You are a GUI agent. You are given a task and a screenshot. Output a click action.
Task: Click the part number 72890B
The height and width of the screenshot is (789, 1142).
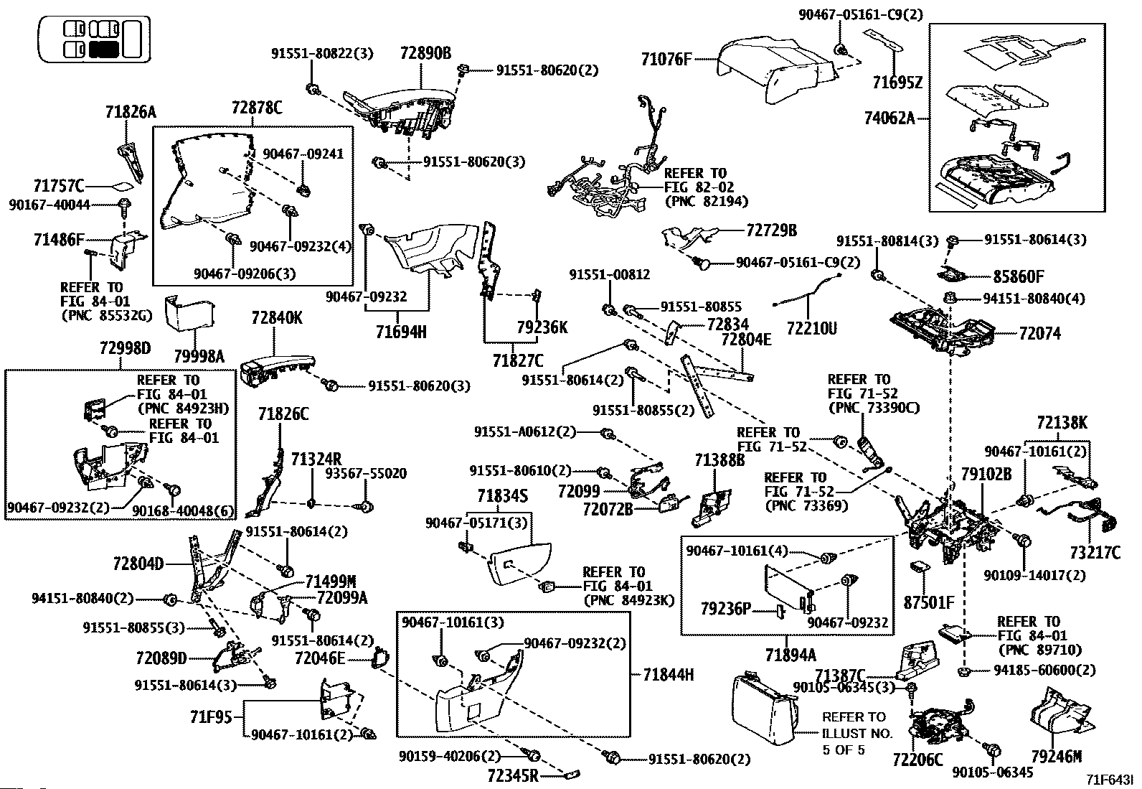(425, 53)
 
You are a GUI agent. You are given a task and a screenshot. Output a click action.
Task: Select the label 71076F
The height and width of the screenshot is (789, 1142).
(666, 60)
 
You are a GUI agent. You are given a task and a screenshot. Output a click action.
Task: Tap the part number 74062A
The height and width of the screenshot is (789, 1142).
(889, 118)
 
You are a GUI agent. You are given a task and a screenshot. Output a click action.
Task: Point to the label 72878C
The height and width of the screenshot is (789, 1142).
(257, 108)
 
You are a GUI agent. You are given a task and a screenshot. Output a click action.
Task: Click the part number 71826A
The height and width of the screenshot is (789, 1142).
(130, 112)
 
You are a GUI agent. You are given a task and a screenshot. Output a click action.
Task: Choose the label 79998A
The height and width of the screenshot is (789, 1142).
(199, 356)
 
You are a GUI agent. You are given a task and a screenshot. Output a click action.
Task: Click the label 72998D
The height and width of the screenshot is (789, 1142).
(125, 349)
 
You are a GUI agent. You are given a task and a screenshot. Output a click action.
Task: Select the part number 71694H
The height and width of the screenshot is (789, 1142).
(401, 332)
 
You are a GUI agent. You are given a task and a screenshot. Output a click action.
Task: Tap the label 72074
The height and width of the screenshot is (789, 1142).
(1039, 334)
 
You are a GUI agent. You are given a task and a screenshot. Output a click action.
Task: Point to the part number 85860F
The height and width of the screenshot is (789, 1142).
(1019, 276)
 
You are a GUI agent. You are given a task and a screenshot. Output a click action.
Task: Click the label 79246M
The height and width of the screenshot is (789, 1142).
(1056, 757)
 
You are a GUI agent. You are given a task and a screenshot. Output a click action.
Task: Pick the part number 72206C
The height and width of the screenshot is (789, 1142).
(917, 759)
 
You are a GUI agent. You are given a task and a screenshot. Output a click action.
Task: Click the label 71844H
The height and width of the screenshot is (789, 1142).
(669, 675)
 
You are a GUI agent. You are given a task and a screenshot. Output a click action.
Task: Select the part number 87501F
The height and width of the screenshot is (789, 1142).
(929, 603)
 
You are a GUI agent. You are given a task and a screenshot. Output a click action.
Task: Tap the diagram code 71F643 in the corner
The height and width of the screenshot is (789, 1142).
(1109, 780)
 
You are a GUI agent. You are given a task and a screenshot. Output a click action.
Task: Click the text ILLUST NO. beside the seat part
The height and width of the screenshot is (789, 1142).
(857, 734)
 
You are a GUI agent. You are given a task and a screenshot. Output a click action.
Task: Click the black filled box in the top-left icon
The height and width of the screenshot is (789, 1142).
(105, 49)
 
